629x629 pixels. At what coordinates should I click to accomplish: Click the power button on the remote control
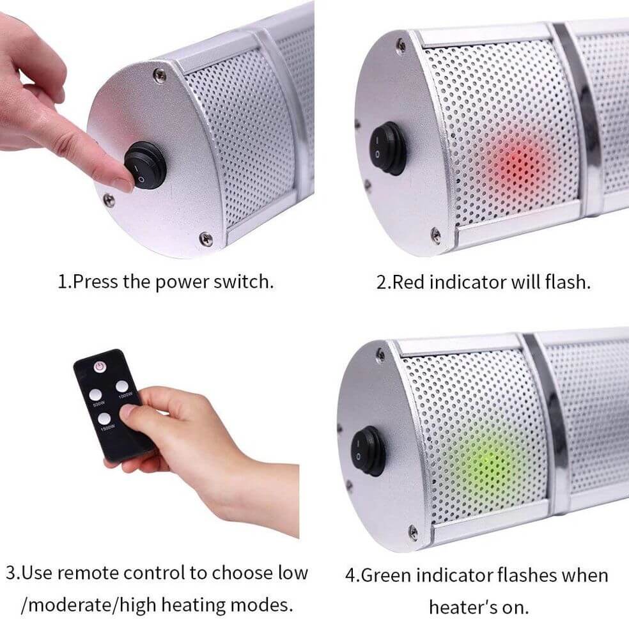[x=100, y=367]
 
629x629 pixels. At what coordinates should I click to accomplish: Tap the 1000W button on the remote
[x=123, y=387]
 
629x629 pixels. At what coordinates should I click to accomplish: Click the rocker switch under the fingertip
[x=146, y=166]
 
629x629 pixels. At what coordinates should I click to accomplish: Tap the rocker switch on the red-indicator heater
[x=391, y=148]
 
